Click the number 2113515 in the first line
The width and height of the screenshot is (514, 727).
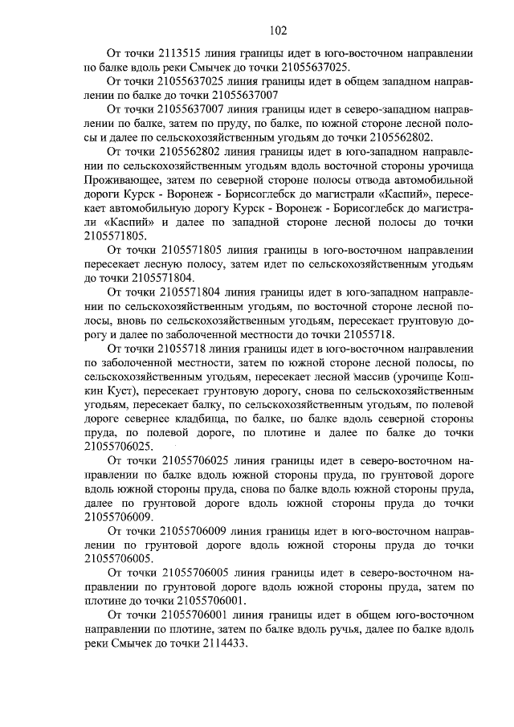174,54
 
